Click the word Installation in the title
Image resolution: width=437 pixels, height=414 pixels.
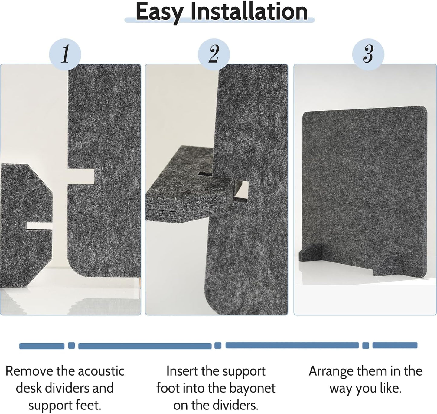tap(249, 11)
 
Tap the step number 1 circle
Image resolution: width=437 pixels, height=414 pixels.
tap(65, 54)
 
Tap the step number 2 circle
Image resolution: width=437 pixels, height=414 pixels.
tap(214, 54)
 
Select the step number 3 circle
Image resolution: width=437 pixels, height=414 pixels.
tap(368, 54)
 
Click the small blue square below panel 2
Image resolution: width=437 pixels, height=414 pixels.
tap(218, 345)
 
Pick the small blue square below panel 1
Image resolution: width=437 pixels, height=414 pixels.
tap(71, 345)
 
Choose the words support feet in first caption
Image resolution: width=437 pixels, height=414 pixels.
tap(64, 405)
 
